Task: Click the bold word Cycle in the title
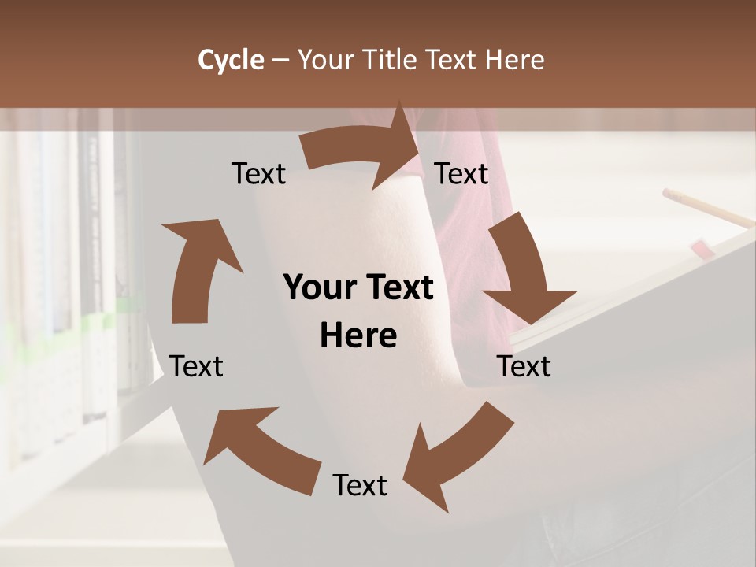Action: [x=231, y=60]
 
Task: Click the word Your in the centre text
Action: [x=320, y=287]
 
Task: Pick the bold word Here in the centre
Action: [x=358, y=336]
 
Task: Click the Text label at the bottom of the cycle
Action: [x=360, y=485]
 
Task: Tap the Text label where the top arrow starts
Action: [x=258, y=173]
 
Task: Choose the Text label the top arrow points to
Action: [x=461, y=173]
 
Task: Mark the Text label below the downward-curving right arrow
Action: [x=524, y=366]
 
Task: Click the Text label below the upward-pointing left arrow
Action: [x=196, y=366]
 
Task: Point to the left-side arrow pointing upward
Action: [x=197, y=268]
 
